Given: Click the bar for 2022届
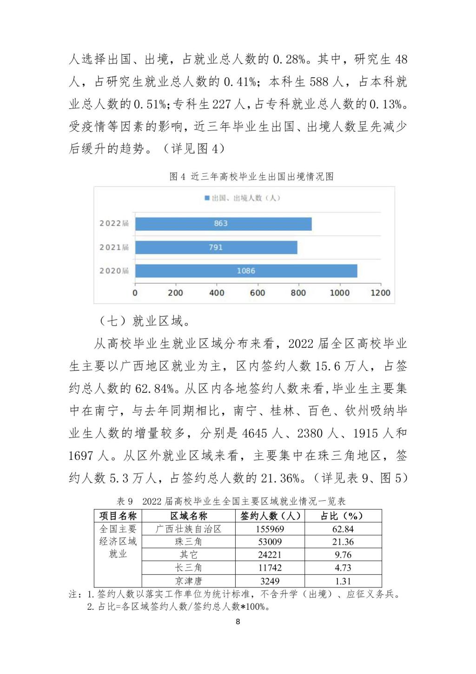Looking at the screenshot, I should [x=223, y=224].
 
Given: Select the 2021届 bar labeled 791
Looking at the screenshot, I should [x=216, y=247].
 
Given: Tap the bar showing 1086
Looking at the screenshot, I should [x=246, y=271].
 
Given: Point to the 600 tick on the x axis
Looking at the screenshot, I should [x=258, y=293].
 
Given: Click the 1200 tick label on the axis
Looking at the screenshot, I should [x=380, y=293].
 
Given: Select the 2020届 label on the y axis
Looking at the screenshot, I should [x=114, y=271].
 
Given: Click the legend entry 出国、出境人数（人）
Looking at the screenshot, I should [x=242, y=198].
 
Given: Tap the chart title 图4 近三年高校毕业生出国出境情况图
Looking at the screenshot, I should [x=251, y=177].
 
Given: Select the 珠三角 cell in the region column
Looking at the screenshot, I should [x=189, y=542].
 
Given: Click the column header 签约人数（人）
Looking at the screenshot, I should [x=270, y=516].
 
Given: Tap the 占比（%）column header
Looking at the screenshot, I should [x=343, y=516].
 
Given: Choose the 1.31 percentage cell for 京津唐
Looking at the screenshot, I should [x=343, y=581].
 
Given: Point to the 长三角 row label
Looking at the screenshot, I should [x=189, y=568].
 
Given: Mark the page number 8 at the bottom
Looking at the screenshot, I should [x=238, y=622].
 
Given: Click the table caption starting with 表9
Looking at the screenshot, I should [x=231, y=501].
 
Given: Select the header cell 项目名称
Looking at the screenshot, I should [x=118, y=516].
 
